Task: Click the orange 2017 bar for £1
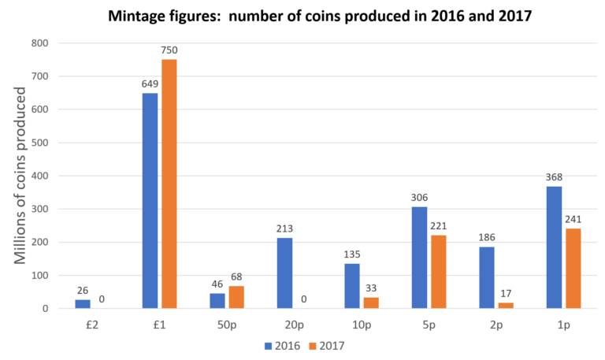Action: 169,184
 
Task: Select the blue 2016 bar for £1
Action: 150,200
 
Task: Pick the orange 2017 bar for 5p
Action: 439,271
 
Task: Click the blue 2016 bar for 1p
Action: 554,247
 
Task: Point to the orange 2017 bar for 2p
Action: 506,305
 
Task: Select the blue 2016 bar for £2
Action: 83,303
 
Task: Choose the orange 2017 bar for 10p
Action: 371,302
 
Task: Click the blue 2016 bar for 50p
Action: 217,300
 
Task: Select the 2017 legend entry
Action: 325,345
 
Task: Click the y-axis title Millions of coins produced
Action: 20,175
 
